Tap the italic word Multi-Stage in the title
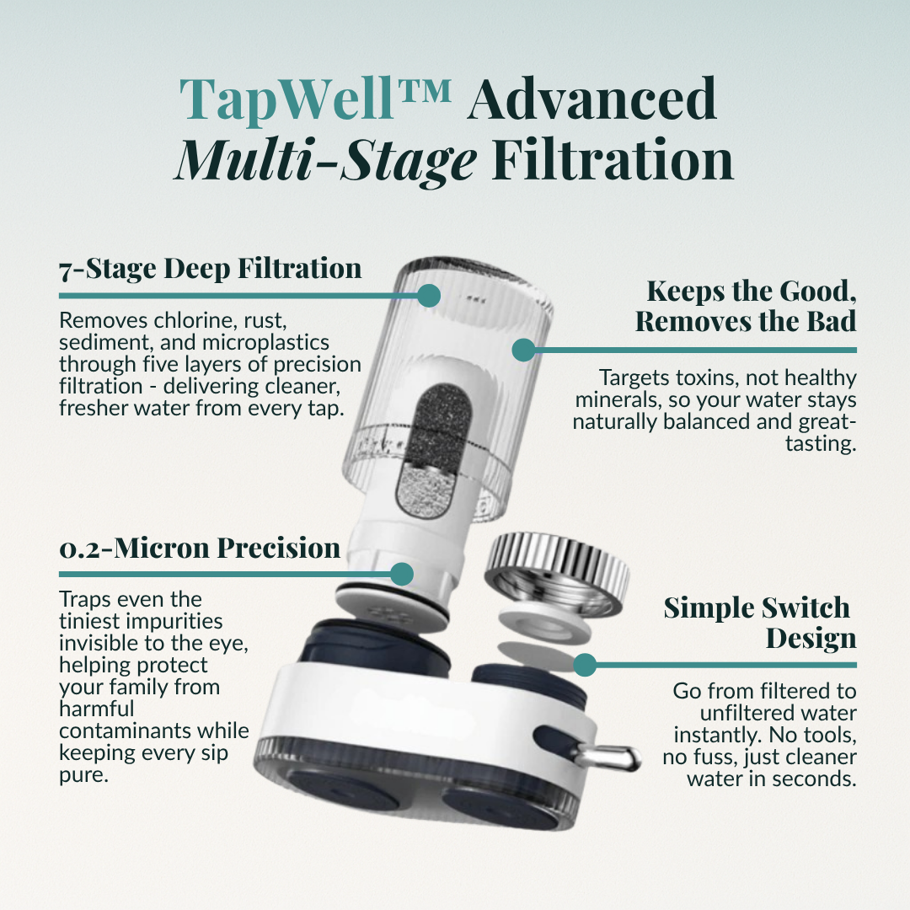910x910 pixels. (325, 160)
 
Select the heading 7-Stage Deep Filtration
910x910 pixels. (210, 269)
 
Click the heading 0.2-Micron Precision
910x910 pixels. (200, 548)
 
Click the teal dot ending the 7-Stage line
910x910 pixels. (429, 295)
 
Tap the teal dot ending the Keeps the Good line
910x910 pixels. (523, 350)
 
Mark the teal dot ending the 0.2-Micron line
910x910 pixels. (402, 574)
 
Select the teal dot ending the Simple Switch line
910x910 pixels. (585, 664)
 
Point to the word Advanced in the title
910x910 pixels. (592, 99)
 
